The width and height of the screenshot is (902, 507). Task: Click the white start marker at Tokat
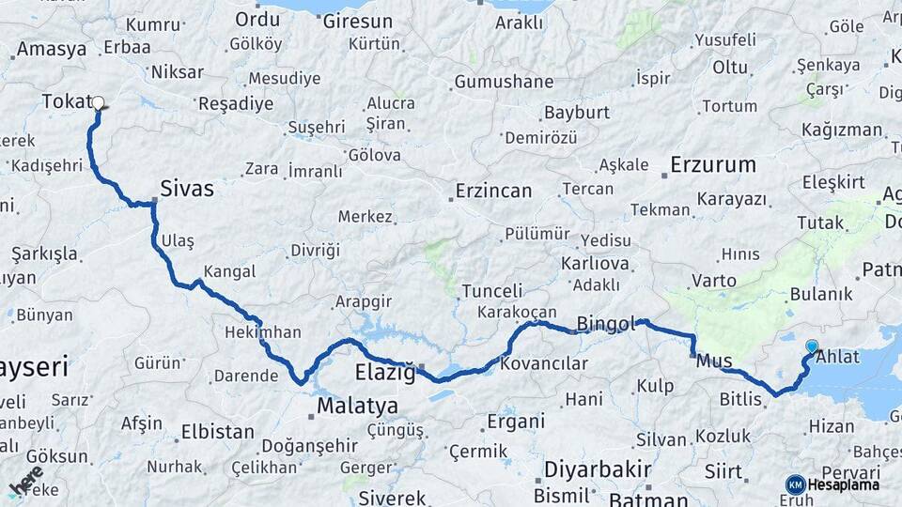tap(98, 104)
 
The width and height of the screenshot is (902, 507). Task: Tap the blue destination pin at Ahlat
tap(812, 346)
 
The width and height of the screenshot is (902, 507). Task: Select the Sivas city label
tap(187, 189)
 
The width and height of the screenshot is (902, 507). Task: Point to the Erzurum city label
tap(713, 165)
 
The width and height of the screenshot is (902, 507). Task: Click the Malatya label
tap(357, 407)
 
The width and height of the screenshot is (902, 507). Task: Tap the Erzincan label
tap(493, 191)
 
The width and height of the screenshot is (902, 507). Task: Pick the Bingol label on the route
tap(606, 323)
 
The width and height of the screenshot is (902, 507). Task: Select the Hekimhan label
tap(263, 332)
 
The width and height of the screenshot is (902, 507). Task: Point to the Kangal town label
tap(229, 271)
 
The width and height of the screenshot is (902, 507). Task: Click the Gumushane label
tap(504, 82)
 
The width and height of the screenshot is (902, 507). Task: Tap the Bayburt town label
tap(577, 114)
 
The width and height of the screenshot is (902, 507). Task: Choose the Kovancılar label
tap(544, 363)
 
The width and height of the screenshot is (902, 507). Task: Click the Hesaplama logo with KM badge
tap(832, 484)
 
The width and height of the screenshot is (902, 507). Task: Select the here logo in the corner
tap(26, 480)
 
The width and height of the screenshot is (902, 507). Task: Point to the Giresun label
tap(358, 21)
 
